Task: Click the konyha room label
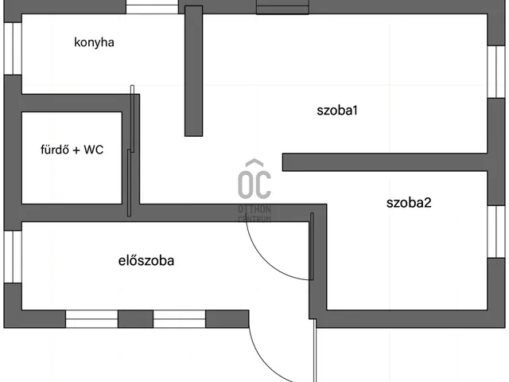[94, 43]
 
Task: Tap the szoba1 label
[337, 111]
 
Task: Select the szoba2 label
[409, 203]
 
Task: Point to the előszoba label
[146, 260]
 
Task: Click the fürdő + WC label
[72, 149]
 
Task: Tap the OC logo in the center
[255, 181]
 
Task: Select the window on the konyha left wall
[11, 48]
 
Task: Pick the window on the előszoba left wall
[11, 256]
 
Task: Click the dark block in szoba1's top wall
[282, 7]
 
